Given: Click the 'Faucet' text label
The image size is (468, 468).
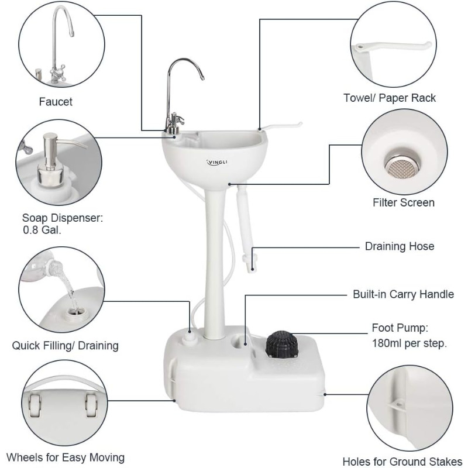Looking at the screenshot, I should [56, 102].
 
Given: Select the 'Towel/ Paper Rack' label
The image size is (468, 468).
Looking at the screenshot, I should [390, 98].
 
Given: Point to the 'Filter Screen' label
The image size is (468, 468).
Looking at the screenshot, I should [404, 202].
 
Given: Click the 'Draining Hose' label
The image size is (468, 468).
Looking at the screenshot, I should [400, 246].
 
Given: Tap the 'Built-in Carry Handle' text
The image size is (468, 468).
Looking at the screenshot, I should [403, 294].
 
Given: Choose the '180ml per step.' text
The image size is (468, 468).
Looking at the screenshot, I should [409, 343].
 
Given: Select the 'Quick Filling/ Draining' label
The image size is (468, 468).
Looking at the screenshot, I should [66, 345].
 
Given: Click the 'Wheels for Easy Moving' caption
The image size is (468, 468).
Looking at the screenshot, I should [66, 457].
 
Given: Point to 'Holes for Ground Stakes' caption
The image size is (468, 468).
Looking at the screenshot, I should [402, 460].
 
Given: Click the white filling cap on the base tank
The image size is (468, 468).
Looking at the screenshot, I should [188, 341].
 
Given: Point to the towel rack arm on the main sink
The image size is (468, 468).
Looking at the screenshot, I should [284, 126].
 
